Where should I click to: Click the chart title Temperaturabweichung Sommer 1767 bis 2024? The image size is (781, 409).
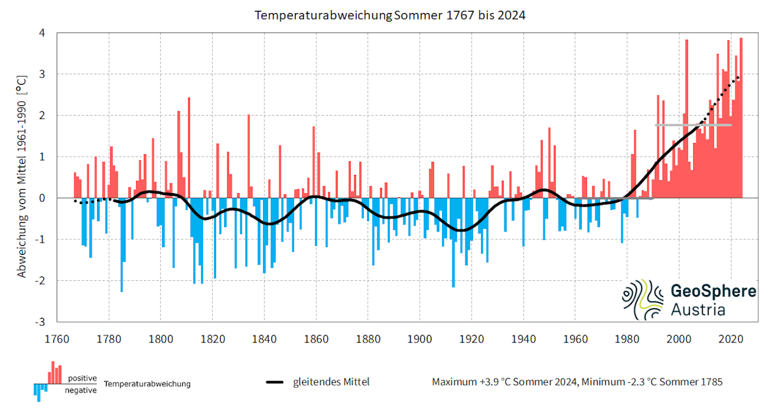(x=390, y=14)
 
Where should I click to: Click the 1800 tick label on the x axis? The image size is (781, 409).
(x=161, y=339)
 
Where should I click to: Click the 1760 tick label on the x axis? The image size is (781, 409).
(x=57, y=339)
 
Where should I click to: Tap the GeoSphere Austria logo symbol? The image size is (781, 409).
(x=642, y=300)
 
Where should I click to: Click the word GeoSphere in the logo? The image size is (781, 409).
(x=713, y=291)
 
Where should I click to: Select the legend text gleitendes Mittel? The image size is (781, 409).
(x=331, y=382)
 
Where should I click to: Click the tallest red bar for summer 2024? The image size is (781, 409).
(x=741, y=117)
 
